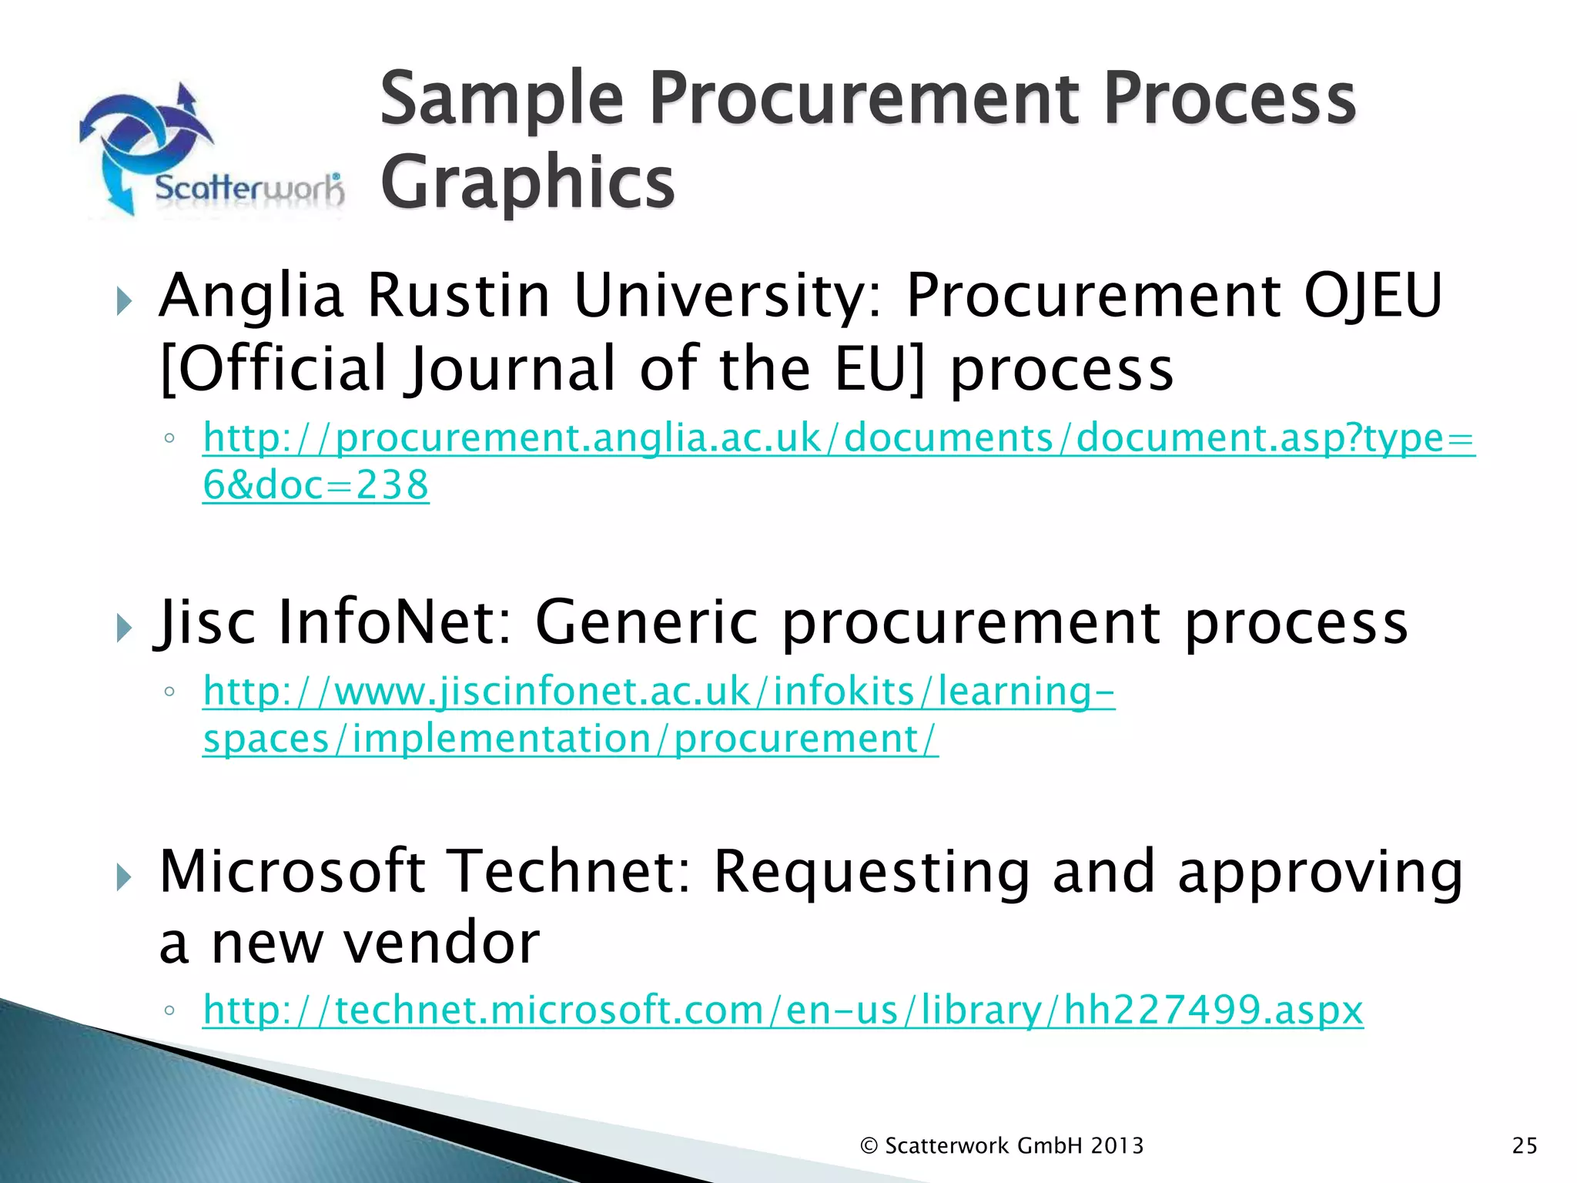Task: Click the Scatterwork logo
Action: pos(212,150)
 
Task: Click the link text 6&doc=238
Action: pos(316,485)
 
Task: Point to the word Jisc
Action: pos(205,622)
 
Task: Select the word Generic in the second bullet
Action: pos(646,622)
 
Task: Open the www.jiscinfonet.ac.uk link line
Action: pos(659,691)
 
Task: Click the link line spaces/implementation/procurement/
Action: pos(571,739)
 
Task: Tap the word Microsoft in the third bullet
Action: pos(293,871)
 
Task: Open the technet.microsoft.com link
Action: pos(783,1010)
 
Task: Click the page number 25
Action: pos(1524,1145)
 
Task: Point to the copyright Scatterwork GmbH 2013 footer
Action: pos(1002,1145)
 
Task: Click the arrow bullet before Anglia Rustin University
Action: pos(124,300)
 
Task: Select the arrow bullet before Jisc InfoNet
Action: pos(124,627)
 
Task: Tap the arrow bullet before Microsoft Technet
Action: pos(124,876)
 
